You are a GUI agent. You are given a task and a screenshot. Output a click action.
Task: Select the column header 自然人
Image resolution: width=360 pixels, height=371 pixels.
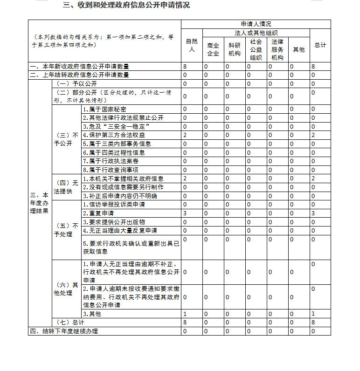point(192,45)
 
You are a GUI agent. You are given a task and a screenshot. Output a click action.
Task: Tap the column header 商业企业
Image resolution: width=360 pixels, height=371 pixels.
point(213,49)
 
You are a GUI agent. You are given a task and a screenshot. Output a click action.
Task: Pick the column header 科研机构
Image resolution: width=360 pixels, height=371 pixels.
point(235,49)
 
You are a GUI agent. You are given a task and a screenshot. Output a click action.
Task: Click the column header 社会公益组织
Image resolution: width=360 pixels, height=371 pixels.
point(256,49)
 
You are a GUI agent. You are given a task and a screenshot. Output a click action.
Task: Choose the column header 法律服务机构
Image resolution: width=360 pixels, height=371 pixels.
point(277,49)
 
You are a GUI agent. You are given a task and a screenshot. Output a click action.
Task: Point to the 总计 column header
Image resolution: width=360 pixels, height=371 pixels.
point(320,45)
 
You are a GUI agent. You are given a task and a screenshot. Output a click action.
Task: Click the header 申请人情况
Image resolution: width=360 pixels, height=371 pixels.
point(256,24)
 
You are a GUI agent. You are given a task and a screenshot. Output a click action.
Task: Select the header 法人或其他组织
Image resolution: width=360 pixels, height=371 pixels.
point(256,33)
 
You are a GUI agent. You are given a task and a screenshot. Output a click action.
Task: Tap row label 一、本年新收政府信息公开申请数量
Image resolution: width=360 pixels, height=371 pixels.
point(80,66)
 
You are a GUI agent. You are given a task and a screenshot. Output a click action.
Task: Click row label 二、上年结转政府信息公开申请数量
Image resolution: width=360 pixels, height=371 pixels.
point(80,75)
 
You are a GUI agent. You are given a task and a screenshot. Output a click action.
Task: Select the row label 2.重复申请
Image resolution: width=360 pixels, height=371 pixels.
point(98,213)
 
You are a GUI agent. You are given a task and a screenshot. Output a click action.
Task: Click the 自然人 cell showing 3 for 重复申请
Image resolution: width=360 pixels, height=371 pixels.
point(185,213)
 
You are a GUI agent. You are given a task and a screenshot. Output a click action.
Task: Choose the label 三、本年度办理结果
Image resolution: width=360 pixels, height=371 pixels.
point(39,203)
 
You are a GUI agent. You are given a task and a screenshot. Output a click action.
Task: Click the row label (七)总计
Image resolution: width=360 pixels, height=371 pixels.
point(70,322)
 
